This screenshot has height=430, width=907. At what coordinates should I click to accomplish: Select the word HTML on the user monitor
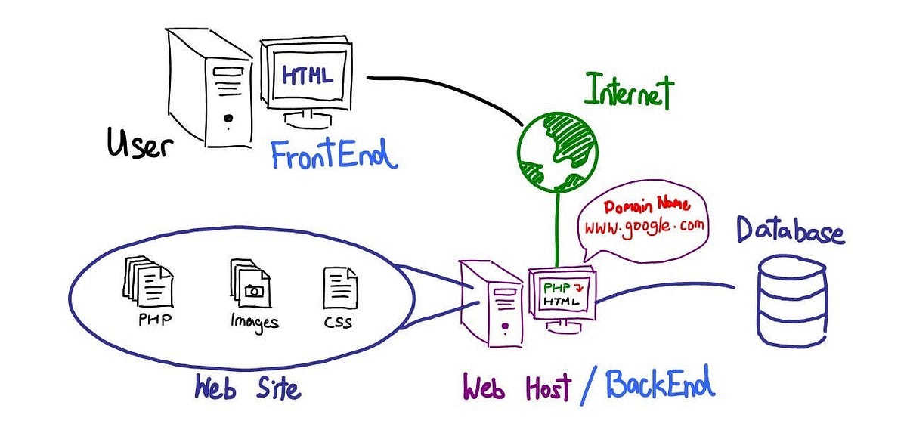pos(307,76)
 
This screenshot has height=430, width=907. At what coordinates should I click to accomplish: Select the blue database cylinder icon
pos(791,300)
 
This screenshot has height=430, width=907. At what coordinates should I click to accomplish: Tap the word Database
pos(790,230)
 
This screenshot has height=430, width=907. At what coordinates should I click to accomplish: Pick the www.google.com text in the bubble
pos(642,225)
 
